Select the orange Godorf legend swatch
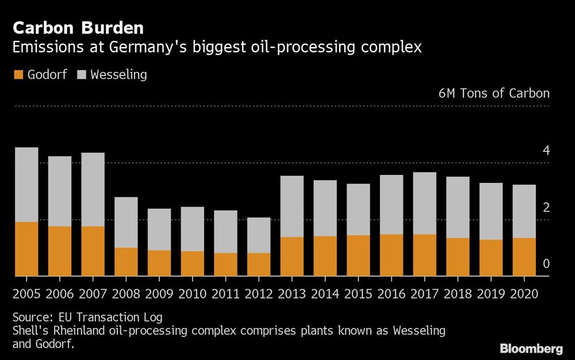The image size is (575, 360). point(17,75)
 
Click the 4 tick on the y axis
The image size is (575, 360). point(546,151)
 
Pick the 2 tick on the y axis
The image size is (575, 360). point(546,207)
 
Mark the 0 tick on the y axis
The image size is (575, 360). point(546,264)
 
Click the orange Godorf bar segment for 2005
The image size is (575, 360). point(26,248)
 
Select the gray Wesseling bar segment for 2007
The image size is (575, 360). point(93,189)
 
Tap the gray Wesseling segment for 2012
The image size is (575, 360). point(259,235)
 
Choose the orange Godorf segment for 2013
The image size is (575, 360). point(292,256)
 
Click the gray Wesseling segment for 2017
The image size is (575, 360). point(424,203)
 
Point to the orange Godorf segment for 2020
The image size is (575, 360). point(524,256)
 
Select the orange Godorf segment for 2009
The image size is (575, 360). point(159,263)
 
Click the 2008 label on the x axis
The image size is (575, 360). point(126,293)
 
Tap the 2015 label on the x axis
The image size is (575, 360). point(358,293)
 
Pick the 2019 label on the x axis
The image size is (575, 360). point(490,293)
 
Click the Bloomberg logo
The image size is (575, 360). point(531,348)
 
